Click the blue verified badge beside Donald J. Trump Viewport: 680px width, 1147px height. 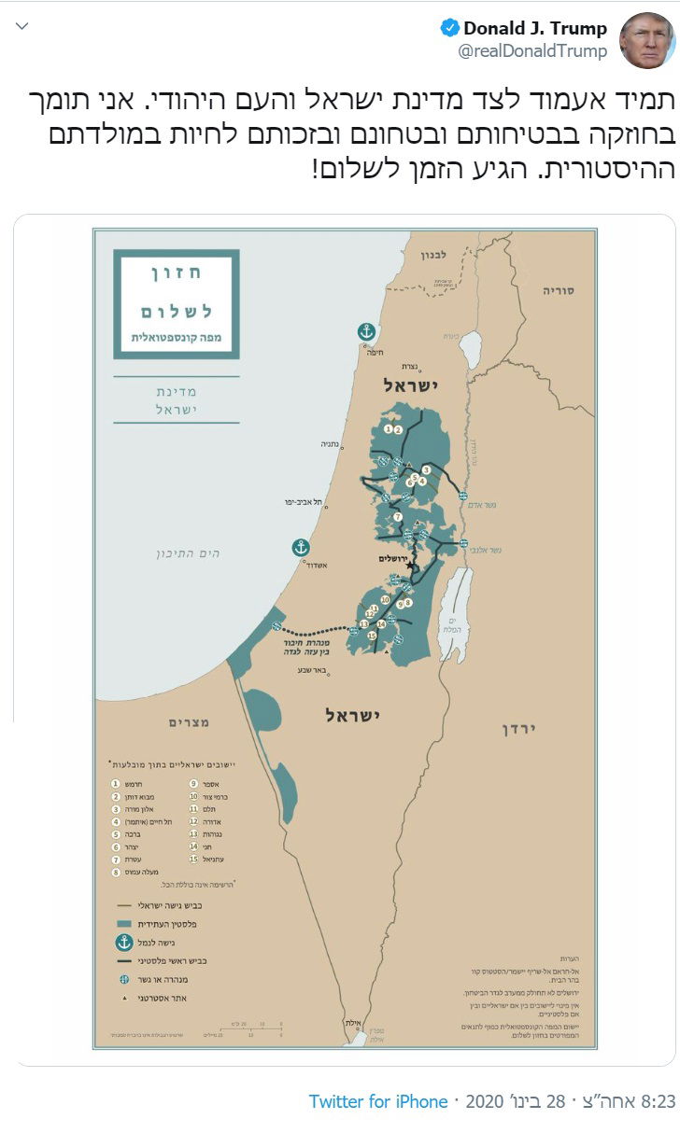(449, 28)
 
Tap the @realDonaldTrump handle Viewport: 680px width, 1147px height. (531, 51)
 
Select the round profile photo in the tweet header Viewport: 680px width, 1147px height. (647, 39)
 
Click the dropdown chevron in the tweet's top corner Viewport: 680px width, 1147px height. (23, 25)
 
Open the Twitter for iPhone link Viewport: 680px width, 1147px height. (378, 1101)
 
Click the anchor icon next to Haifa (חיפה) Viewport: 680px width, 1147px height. (367, 331)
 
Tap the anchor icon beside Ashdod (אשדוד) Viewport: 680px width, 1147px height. (301, 548)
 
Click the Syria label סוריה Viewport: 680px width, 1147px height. (559, 290)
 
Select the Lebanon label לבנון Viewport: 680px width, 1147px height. (434, 254)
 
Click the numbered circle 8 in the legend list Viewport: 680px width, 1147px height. (116, 872)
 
